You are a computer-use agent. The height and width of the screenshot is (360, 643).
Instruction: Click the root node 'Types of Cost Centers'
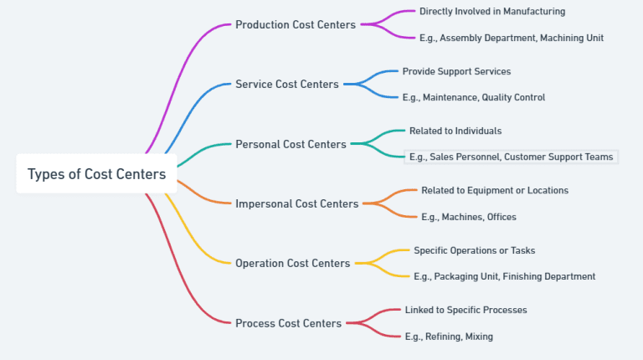click(x=96, y=174)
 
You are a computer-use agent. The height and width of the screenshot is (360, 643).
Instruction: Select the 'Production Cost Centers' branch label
click(x=295, y=24)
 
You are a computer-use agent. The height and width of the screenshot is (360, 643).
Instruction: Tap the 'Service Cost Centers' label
click(x=286, y=84)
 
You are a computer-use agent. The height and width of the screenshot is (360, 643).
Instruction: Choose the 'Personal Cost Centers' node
click(x=291, y=144)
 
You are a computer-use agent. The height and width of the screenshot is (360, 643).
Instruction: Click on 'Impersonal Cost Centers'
click(x=296, y=203)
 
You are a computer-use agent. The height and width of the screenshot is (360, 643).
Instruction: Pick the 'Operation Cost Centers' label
click(x=292, y=263)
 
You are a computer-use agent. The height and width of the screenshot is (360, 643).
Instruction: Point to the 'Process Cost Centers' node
click(x=288, y=323)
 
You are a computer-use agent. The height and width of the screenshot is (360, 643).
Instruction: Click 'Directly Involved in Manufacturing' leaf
click(x=491, y=12)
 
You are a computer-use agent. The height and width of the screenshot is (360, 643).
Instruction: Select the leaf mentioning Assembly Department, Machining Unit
click(x=511, y=38)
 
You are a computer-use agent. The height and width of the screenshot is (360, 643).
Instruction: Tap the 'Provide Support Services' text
click(x=456, y=71)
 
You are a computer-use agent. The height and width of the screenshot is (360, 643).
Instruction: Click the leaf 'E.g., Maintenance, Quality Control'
click(x=473, y=97)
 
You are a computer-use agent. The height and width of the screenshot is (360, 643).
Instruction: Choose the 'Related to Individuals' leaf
click(x=455, y=131)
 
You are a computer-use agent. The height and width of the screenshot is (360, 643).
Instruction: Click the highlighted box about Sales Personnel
click(x=511, y=157)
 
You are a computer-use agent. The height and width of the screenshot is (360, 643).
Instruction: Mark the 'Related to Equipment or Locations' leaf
click(x=494, y=190)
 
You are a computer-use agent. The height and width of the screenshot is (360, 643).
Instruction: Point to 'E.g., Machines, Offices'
click(x=468, y=217)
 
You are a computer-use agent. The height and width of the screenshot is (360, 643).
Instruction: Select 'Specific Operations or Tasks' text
click(x=474, y=250)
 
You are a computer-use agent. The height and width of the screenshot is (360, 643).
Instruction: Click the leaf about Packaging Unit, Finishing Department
click(x=504, y=276)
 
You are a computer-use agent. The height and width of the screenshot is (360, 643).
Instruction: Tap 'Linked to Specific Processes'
click(x=466, y=310)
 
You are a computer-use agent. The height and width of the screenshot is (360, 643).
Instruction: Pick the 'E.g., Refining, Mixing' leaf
click(x=449, y=337)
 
